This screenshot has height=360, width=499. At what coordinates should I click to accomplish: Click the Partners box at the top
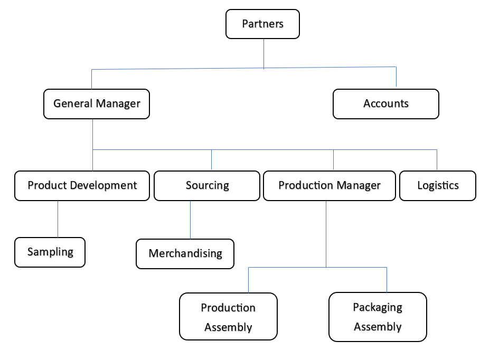tap(262, 24)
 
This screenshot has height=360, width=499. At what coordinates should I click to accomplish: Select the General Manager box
tap(97, 103)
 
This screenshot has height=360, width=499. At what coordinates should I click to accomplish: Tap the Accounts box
tap(385, 103)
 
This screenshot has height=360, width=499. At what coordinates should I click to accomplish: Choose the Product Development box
tap(82, 185)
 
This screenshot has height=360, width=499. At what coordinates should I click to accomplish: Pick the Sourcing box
tap(207, 185)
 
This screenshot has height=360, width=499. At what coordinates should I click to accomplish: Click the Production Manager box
tap(329, 185)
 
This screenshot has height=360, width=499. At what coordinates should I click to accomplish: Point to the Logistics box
tap(437, 185)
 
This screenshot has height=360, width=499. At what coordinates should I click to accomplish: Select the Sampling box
tap(50, 252)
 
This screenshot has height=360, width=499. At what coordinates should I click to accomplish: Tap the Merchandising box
tap(185, 253)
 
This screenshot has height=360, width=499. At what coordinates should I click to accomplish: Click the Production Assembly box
tap(228, 317)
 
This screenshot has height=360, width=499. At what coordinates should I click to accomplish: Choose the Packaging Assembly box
tap(378, 317)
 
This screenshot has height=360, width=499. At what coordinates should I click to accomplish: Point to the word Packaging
tap(378, 307)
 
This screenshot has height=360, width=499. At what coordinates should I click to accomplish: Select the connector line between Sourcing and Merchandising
tap(191, 220)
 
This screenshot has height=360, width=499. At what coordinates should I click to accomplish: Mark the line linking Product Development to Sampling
tap(58, 219)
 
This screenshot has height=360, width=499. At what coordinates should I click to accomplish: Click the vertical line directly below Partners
tap(264, 53)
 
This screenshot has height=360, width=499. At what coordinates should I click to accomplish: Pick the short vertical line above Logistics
tap(437, 159)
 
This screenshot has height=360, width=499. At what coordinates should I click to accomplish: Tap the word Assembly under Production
tap(228, 327)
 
